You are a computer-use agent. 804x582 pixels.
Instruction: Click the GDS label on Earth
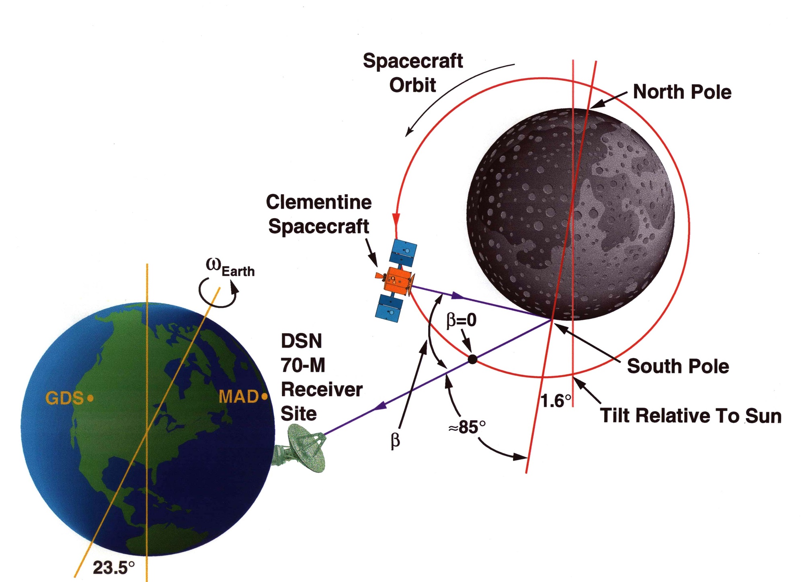pyautogui.click(x=64, y=398)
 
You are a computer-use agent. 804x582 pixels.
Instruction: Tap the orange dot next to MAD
pyautogui.click(x=264, y=397)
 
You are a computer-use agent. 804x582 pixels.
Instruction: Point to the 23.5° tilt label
pyautogui.click(x=114, y=568)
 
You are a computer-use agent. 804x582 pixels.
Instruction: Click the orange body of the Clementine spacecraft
pyautogui.click(x=398, y=280)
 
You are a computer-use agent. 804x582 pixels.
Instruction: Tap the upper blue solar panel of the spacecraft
pyautogui.click(x=403, y=253)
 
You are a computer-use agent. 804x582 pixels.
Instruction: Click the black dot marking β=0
pyautogui.click(x=473, y=359)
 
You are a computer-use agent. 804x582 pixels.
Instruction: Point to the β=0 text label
pyautogui.click(x=461, y=320)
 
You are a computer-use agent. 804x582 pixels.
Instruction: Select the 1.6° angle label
pyautogui.click(x=556, y=401)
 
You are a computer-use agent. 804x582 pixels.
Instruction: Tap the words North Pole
pyautogui.click(x=682, y=92)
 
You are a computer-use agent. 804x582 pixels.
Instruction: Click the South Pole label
pyautogui.click(x=678, y=366)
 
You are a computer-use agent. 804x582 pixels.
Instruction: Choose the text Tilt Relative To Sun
pyautogui.click(x=691, y=416)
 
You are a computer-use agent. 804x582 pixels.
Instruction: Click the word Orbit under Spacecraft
pyautogui.click(x=412, y=85)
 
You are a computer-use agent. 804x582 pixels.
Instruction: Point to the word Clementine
pyautogui.click(x=319, y=202)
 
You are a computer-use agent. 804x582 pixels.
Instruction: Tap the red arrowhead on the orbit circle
pyautogui.click(x=396, y=219)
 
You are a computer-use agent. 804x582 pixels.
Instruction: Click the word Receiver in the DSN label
pyautogui.click(x=322, y=389)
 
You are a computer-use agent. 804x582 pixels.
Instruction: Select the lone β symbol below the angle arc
pyautogui.click(x=396, y=441)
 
